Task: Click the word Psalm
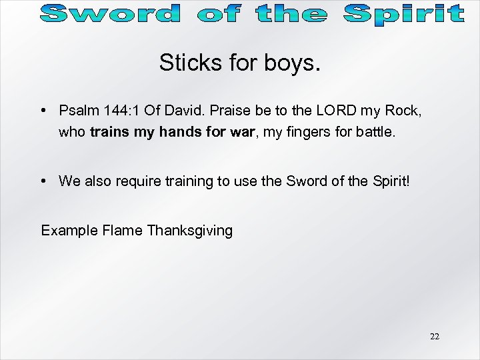76,110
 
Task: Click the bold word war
241,132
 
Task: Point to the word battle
373,132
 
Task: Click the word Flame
123,231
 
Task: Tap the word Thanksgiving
189,231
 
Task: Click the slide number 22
435,337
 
